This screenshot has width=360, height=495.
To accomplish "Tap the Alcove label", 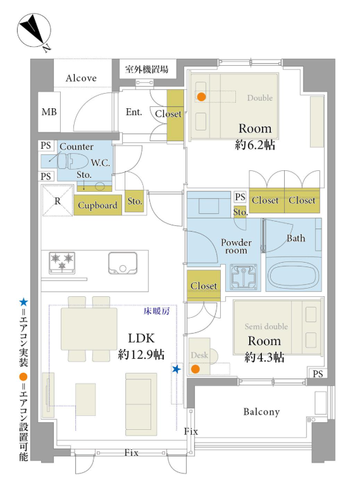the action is [x=81, y=78].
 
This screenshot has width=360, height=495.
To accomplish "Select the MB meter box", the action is [x=49, y=112].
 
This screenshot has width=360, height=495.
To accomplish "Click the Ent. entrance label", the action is [x=133, y=112].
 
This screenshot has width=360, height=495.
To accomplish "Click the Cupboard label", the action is [x=97, y=206].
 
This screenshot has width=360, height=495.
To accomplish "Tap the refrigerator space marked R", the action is [x=58, y=201].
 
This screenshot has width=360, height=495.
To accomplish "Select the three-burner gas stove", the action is [x=62, y=262].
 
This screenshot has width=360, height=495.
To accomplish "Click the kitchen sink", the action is [x=123, y=263].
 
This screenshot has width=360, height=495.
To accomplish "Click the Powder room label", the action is [x=237, y=247].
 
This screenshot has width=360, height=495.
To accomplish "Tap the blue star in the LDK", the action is [x=177, y=369].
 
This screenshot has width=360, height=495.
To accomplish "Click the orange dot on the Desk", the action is [x=196, y=369].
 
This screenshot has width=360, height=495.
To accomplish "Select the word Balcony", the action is [x=261, y=412].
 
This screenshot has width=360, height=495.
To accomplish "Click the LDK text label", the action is [x=141, y=338].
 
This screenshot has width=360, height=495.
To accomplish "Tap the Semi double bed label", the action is [x=266, y=327].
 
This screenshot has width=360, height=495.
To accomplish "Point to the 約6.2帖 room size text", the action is [x=255, y=145].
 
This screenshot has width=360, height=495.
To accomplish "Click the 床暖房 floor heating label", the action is [x=156, y=311].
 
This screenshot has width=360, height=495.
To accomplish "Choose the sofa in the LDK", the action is [x=141, y=404].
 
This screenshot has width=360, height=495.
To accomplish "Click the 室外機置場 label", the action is [x=147, y=69].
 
